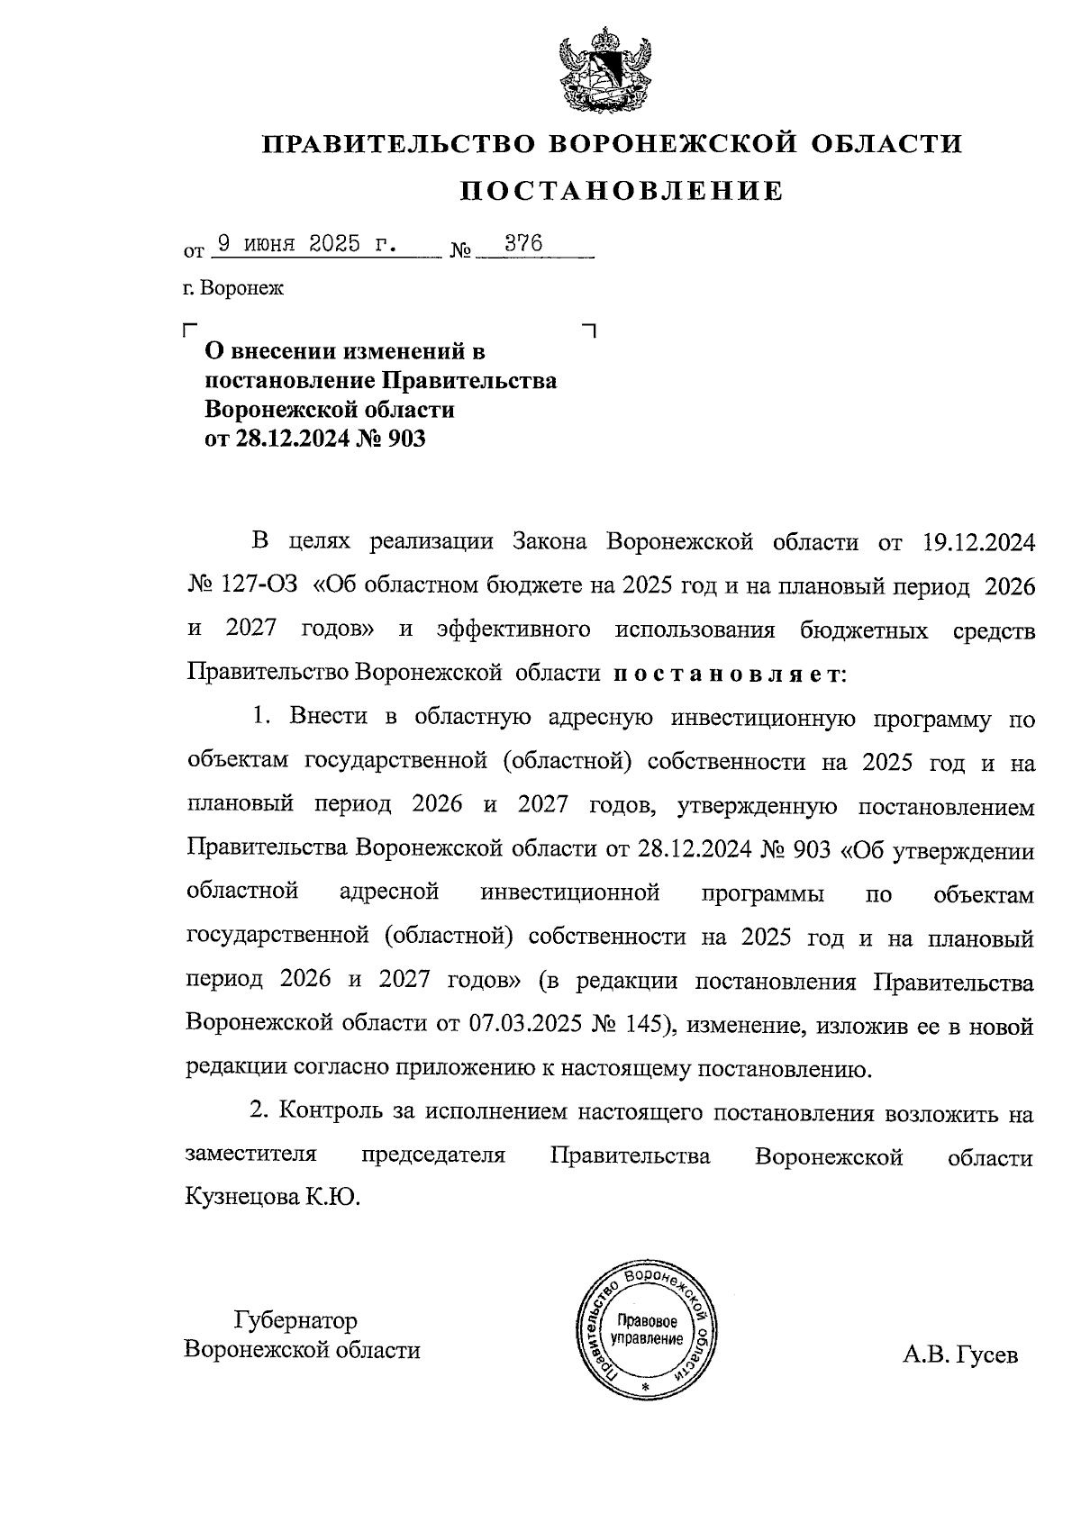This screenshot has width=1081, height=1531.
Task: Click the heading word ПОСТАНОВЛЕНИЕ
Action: pyautogui.click(x=622, y=191)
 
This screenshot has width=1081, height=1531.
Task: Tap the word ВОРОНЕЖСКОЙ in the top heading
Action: pyautogui.click(x=673, y=144)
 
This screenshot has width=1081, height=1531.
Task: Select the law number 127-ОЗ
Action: pyautogui.click(x=258, y=586)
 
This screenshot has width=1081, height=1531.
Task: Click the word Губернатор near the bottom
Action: pyautogui.click(x=295, y=1321)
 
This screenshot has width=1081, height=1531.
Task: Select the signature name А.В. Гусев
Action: pyautogui.click(x=959, y=1354)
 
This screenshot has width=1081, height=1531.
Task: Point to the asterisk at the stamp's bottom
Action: pyautogui.click(x=644, y=1388)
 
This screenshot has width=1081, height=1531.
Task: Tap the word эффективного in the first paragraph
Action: pyautogui.click(x=513, y=630)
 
